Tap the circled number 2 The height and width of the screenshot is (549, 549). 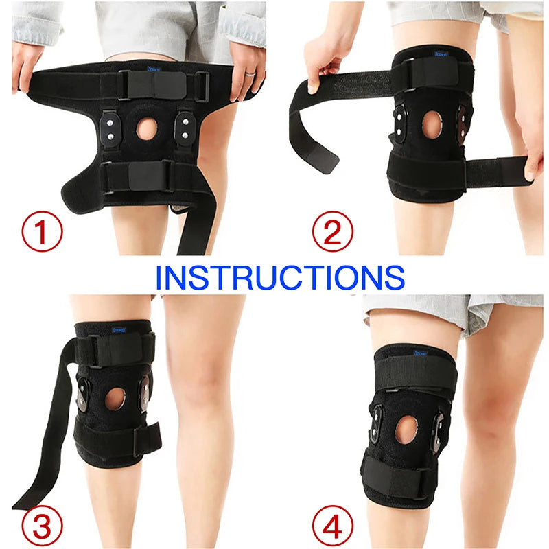coord(333,232)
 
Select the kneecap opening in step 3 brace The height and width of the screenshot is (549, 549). coord(115,399)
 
